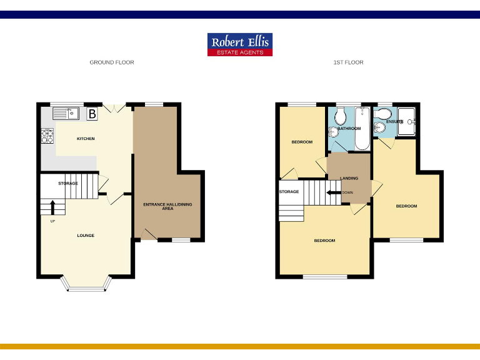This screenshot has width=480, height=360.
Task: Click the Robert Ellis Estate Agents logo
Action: tap(240, 44)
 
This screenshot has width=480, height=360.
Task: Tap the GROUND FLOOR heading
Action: tap(112, 62)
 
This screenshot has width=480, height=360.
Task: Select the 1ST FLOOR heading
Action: tap(348, 62)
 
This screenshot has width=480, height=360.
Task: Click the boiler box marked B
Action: tap(92, 114)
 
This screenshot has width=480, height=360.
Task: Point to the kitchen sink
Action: tap(65, 113)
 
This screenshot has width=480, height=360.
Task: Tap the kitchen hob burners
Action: tap(47, 136)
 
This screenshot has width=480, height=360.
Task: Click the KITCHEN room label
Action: tap(86, 138)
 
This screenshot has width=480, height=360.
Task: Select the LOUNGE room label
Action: tap(86, 236)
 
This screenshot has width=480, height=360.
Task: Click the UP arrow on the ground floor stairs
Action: tap(52, 207)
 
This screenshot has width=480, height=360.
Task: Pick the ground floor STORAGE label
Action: tap(68, 183)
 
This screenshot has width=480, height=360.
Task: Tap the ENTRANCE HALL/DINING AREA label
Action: tap(167, 206)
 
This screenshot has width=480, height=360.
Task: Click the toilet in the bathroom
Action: tap(341, 116)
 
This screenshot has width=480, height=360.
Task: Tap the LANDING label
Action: tap(349, 179)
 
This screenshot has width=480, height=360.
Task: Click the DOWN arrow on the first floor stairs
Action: tap(333, 192)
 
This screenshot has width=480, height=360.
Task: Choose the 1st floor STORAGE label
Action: tap(289, 192)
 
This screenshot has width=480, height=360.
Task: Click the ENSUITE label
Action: tap(394, 121)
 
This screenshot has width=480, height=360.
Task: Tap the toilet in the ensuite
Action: tap(383, 113)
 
